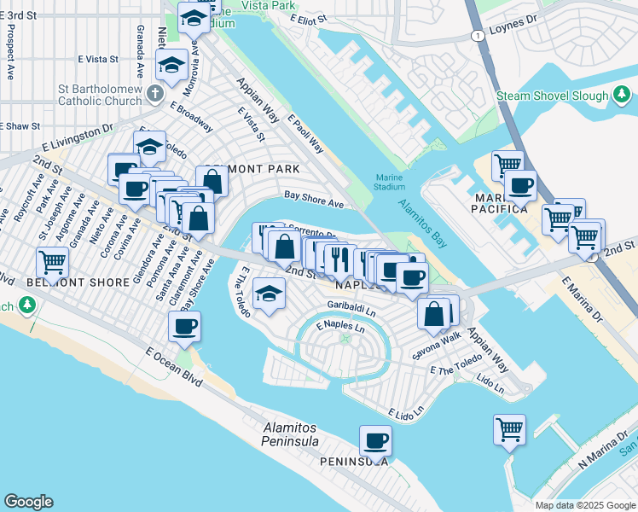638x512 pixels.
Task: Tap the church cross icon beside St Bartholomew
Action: coord(155,91)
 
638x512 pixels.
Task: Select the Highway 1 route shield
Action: coord(478,35)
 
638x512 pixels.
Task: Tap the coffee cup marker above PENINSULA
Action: coord(375,441)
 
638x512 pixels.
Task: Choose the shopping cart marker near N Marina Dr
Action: coord(509,429)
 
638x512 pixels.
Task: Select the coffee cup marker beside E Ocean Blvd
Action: coord(185,327)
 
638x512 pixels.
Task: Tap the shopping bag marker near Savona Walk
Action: coord(434,313)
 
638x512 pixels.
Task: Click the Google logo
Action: coord(28,502)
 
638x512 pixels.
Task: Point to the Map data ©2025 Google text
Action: coord(584,504)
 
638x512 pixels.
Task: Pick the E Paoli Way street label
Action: coord(305,136)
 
